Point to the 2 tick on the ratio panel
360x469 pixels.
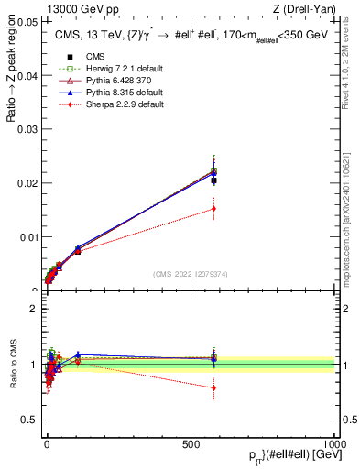tap(35, 308)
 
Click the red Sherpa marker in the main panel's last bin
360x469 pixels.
tap(213, 209)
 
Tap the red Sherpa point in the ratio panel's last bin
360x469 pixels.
tap(213, 387)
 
